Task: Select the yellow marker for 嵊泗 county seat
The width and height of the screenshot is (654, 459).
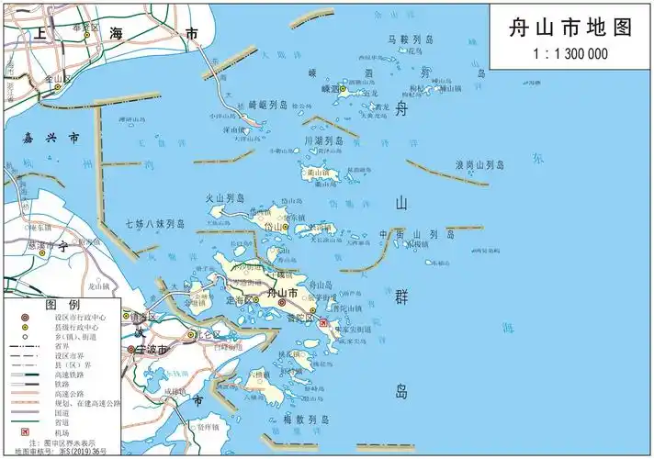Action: (344, 90)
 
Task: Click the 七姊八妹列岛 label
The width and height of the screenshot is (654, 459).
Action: (155, 223)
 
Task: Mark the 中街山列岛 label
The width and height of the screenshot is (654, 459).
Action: (417, 235)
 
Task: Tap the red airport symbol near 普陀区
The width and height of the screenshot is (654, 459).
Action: (322, 324)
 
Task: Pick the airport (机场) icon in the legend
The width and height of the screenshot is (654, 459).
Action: (27, 431)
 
